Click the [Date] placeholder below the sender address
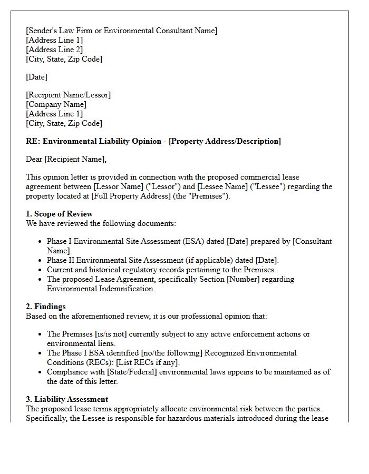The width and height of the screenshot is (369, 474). click(x=36, y=77)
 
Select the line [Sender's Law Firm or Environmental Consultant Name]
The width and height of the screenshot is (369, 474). click(x=121, y=31)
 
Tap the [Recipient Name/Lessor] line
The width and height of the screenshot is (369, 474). click(x=68, y=95)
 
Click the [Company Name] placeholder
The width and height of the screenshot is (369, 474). click(x=56, y=104)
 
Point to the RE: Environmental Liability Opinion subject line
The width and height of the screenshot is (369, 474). click(x=153, y=141)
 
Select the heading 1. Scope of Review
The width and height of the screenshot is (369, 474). click(x=59, y=214)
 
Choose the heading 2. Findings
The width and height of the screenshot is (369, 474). click(x=46, y=307)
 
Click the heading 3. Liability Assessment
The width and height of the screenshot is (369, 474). click(x=67, y=399)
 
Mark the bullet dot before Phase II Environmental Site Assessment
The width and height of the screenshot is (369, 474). click(x=41, y=260)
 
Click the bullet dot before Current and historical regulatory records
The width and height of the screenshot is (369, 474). click(x=41, y=270)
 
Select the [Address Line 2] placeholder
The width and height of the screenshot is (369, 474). click(x=54, y=50)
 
